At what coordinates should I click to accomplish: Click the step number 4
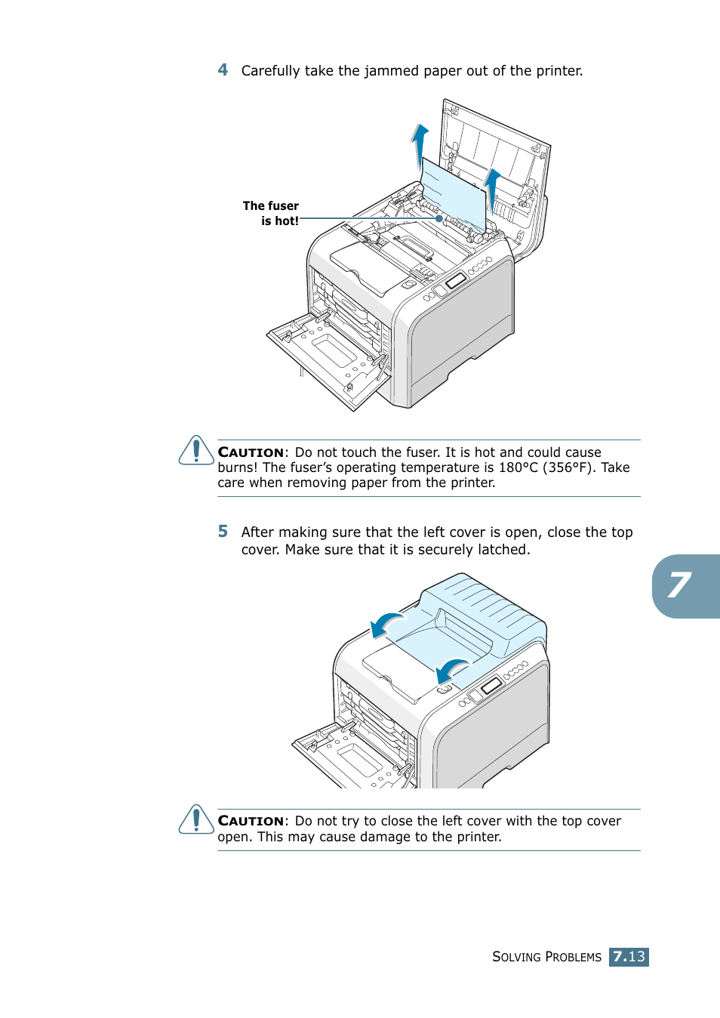pos(223,70)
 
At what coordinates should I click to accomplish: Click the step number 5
pos(223,532)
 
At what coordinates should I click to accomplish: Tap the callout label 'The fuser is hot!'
pos(271,213)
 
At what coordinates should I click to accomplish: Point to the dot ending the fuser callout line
pos(439,218)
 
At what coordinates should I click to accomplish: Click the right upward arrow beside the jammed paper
pos(492,188)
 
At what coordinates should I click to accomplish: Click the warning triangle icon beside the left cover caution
pos(196,819)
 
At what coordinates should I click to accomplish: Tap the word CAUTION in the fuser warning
pos(251,452)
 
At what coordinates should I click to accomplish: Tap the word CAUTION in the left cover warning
pos(251,821)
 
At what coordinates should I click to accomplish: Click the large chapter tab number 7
pos(680,585)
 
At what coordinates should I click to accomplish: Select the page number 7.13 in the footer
pos(629,957)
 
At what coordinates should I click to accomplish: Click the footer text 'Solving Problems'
pos(546,957)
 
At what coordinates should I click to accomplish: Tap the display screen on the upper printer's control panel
pos(456,281)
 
